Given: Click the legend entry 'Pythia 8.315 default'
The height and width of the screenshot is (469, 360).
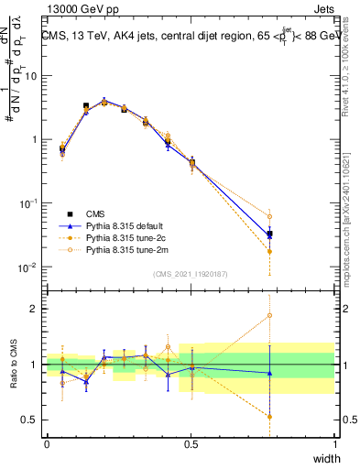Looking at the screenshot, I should tap(117, 224).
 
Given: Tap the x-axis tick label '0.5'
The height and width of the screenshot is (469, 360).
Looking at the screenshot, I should tap(191, 444).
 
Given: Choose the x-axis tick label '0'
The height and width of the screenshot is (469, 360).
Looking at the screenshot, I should tap(47, 444).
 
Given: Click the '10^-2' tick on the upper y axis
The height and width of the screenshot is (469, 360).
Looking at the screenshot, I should tap(27, 267).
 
